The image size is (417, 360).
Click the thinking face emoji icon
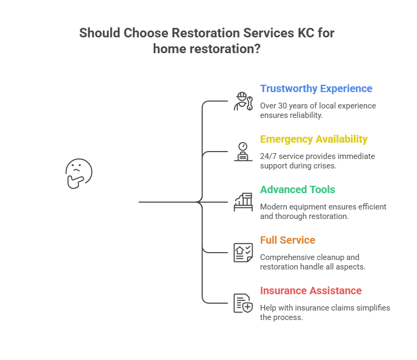(78, 174)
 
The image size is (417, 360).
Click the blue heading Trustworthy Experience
(316, 88)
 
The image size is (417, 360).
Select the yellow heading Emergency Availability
(314, 139)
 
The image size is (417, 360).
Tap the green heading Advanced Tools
(297, 189)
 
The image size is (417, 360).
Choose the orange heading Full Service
(287, 240)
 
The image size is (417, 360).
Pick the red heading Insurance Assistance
(311, 291)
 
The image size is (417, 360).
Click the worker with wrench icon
(243, 101)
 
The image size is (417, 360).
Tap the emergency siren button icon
(243, 152)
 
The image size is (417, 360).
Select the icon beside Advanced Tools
(243, 202)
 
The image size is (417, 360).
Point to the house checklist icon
(243, 253)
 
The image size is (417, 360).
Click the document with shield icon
(243, 303)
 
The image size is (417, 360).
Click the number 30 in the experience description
(284, 106)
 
